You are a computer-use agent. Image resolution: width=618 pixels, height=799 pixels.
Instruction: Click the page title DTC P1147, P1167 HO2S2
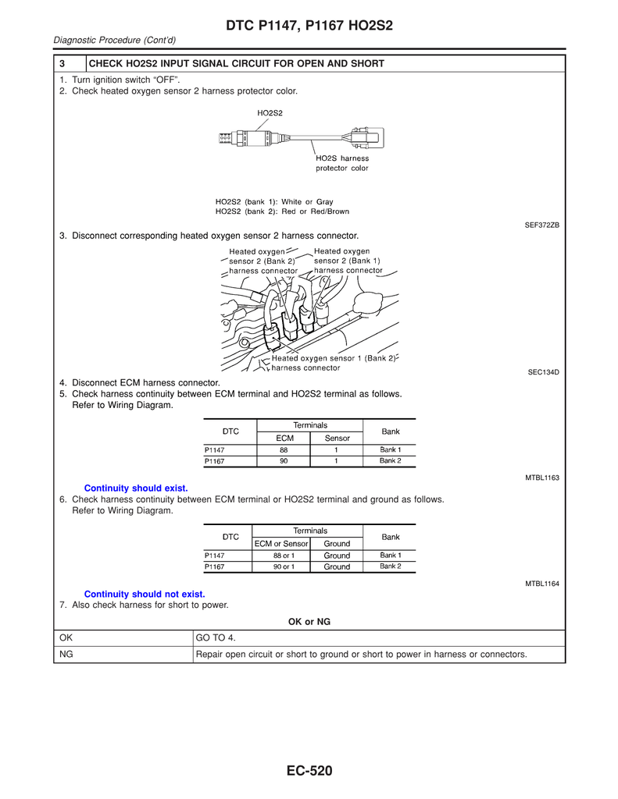pos(309,27)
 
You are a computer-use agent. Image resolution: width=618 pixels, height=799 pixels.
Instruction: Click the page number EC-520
pos(309,772)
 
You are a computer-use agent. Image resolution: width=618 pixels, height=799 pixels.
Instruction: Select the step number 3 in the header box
pos(62,63)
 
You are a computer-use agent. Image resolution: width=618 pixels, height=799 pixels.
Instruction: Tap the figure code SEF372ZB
pos(541,225)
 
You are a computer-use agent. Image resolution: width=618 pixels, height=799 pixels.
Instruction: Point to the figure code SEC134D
pos(543,372)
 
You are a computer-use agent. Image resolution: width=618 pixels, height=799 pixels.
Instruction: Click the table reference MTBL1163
pos(541,477)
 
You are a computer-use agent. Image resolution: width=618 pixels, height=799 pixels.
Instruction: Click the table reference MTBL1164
pos(541,584)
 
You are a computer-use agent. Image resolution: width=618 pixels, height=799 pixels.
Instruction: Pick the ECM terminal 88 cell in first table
pos(283,449)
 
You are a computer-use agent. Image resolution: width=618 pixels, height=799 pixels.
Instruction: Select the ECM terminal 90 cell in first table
pos(283,461)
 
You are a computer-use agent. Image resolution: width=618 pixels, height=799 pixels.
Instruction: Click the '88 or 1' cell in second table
pos(283,556)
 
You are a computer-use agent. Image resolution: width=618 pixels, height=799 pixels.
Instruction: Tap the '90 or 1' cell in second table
pos(283,567)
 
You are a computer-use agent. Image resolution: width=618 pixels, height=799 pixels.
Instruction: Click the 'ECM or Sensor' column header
pos(281,543)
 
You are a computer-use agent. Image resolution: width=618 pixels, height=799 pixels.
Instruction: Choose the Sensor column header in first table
pos(337,438)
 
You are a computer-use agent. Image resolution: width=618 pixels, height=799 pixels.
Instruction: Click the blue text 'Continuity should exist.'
pos(136,488)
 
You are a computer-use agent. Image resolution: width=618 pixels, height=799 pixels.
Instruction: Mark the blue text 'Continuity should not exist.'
pos(144,595)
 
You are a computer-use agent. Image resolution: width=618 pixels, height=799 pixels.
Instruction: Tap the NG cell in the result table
pos(66,654)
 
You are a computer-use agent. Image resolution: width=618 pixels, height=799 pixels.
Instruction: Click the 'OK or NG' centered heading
pos(309,622)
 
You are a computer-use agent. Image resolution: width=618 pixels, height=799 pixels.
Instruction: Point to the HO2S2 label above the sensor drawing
pos(270,113)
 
